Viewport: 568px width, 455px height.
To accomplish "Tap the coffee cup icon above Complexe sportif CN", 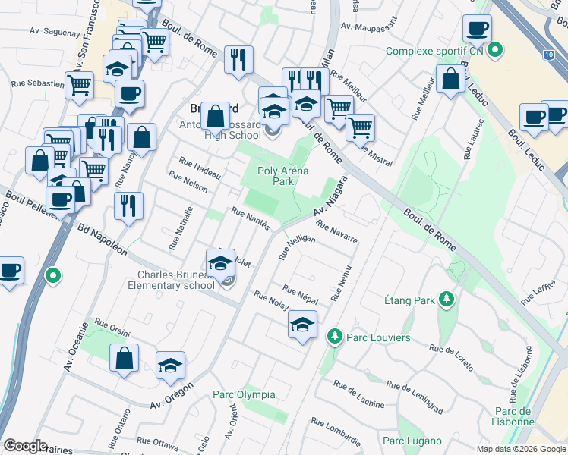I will pyautogui.click(x=477, y=30).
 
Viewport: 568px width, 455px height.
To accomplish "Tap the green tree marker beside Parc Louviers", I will pyautogui.click(x=333, y=336).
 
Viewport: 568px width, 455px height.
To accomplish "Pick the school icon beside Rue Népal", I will pyautogui.click(x=302, y=326).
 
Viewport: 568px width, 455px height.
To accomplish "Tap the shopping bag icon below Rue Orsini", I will pyautogui.click(x=125, y=358).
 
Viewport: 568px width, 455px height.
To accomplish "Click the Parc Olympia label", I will pyautogui.click(x=244, y=395).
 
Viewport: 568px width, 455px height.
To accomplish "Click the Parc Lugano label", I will pyautogui.click(x=412, y=441).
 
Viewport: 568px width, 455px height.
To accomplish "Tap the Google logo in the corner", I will pyautogui.click(x=25, y=445).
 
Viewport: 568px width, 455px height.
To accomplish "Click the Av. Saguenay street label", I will pyautogui.click(x=55, y=32).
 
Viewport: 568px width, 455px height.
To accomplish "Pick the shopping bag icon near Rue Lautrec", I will pyautogui.click(x=450, y=80).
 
